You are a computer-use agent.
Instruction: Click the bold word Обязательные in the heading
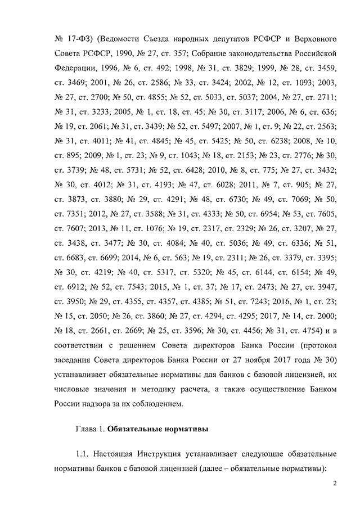pyautogui.click(x=136, y=432)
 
